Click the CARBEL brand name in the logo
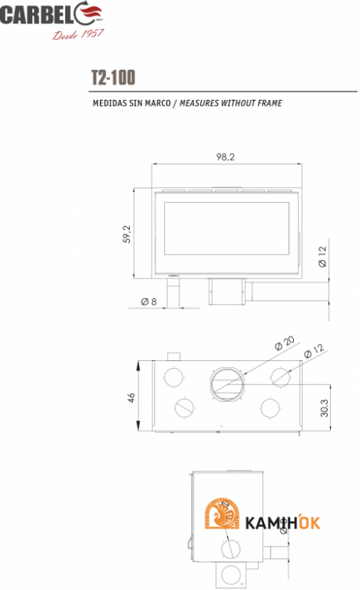point(38,14)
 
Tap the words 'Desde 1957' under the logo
point(78,35)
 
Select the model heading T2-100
point(113,78)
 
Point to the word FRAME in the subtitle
point(270,103)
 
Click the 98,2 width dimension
point(226,157)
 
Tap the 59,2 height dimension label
point(127,234)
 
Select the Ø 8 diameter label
point(149,301)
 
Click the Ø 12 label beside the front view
point(322,256)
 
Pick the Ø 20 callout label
point(285,343)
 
